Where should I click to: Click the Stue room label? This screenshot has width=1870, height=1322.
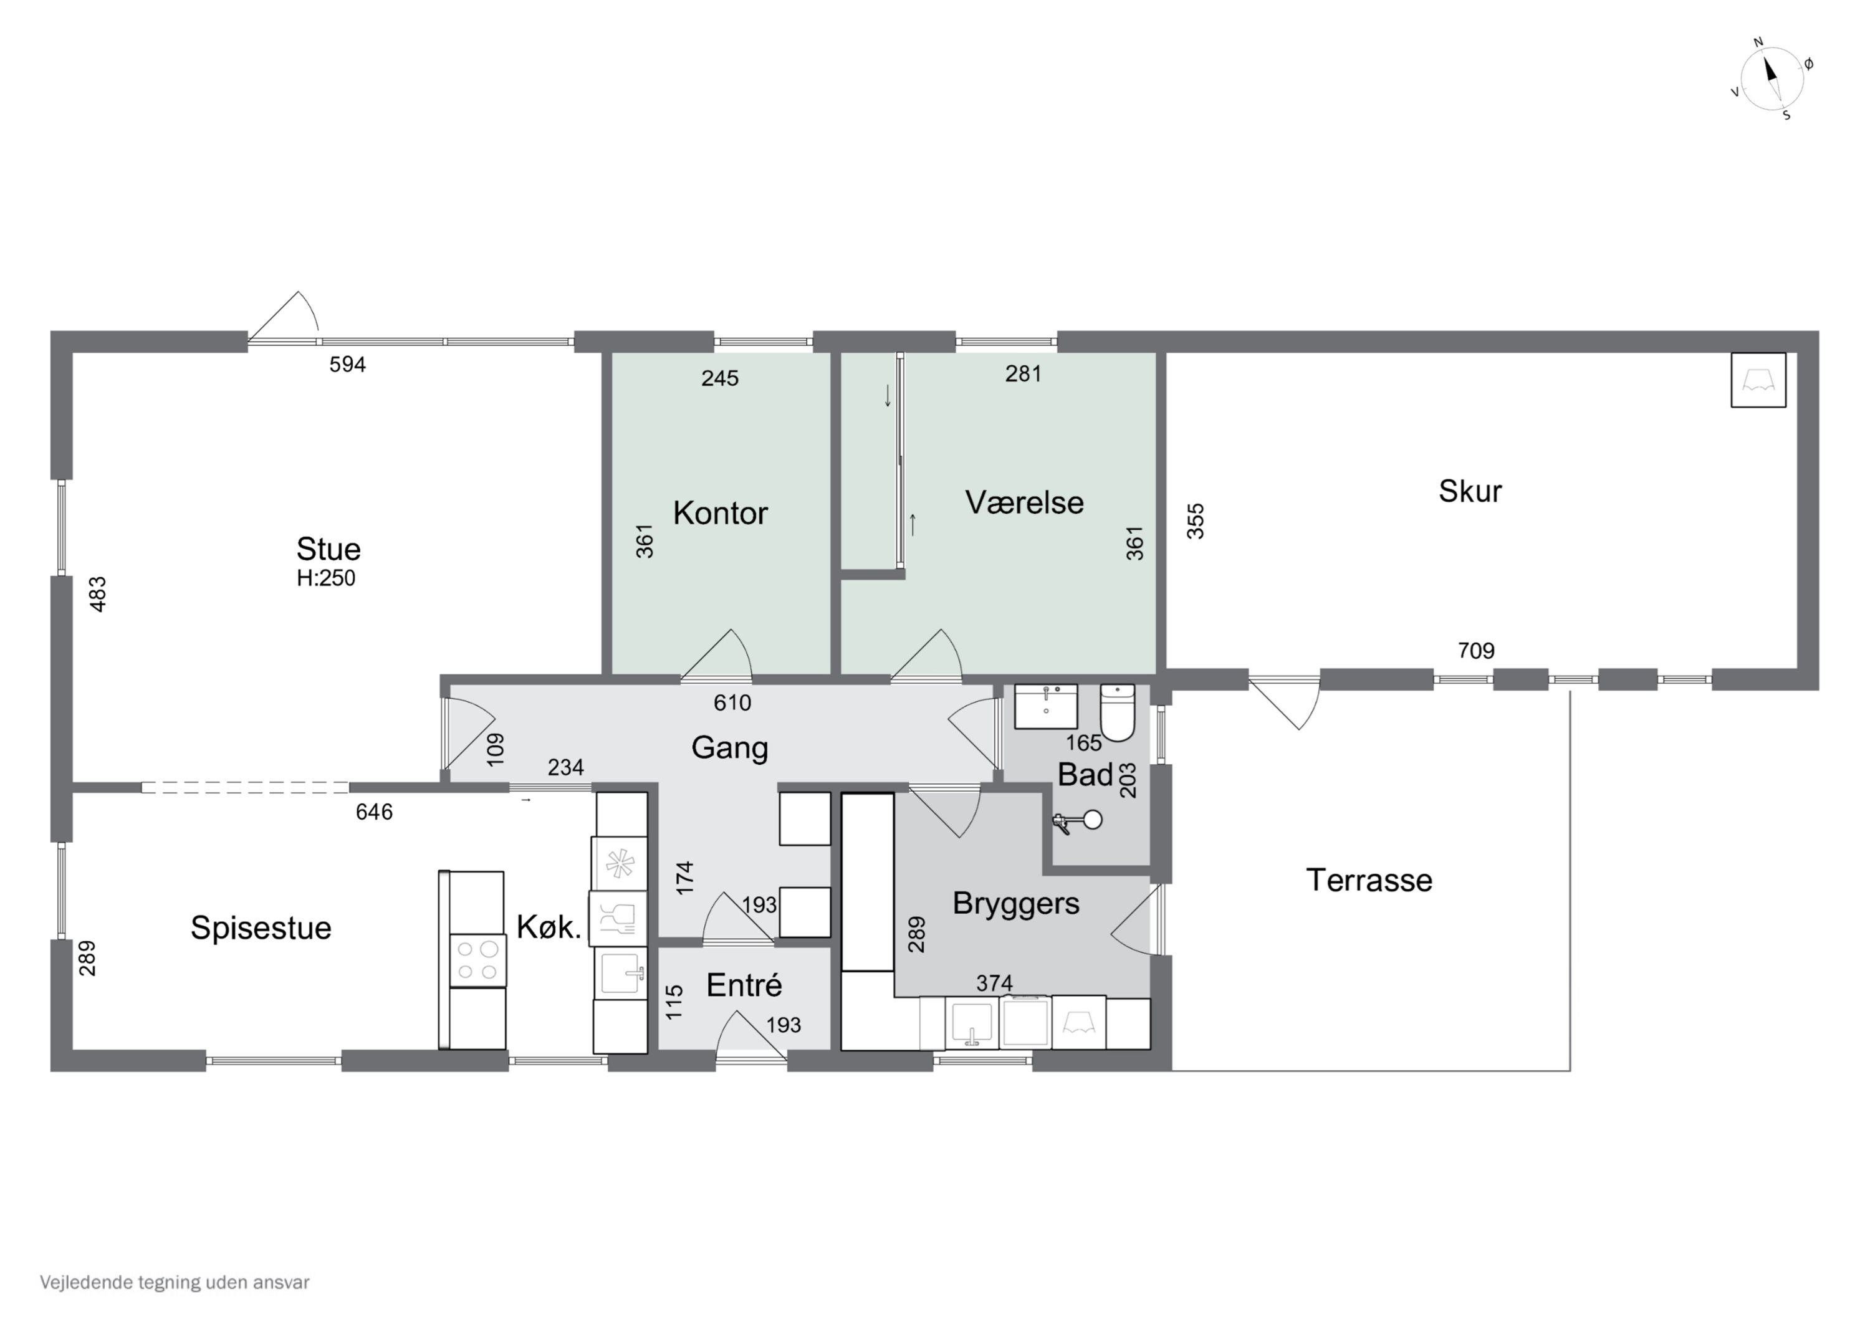click(x=328, y=549)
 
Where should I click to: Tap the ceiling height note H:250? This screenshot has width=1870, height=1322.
click(x=326, y=578)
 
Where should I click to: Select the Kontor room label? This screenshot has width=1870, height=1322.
click(x=720, y=513)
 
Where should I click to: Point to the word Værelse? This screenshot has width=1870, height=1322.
click(x=1025, y=502)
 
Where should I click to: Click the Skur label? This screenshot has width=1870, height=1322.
click(x=1470, y=491)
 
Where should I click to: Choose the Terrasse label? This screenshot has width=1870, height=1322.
click(x=1369, y=881)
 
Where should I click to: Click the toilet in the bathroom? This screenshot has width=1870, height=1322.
click(x=1118, y=712)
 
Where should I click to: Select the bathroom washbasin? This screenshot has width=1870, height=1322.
click(x=1046, y=706)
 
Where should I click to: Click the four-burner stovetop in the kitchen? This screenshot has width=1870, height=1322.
click(x=477, y=961)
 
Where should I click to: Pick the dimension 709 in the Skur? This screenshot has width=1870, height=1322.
click(x=1476, y=651)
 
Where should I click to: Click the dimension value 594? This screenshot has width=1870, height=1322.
click(x=348, y=365)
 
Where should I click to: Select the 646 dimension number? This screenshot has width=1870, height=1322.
click(x=374, y=812)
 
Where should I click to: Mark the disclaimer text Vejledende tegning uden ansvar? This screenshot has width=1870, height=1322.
click(x=175, y=1282)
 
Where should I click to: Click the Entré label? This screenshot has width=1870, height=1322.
click(x=744, y=985)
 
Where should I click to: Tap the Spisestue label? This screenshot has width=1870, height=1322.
click(x=261, y=929)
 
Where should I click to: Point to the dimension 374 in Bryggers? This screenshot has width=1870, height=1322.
click(x=994, y=983)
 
